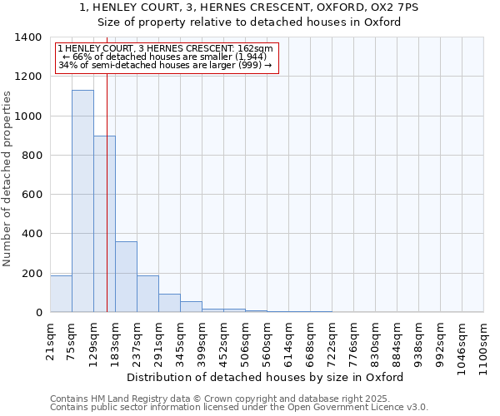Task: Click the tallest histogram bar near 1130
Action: tap(82, 201)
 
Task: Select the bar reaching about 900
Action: tap(104, 224)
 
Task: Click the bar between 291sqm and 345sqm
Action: tap(169, 303)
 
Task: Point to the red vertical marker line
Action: tap(107, 208)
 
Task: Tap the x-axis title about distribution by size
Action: tap(267, 377)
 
